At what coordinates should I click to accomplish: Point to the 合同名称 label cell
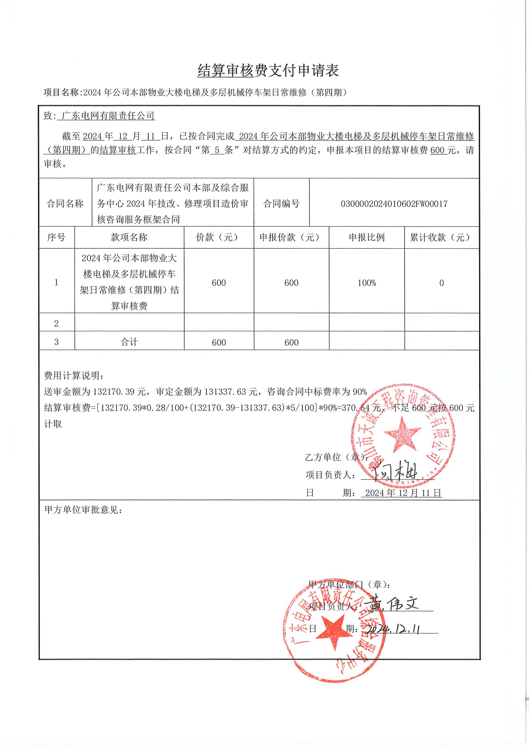[65, 204]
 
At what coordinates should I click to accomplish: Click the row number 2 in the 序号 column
[56, 324]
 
